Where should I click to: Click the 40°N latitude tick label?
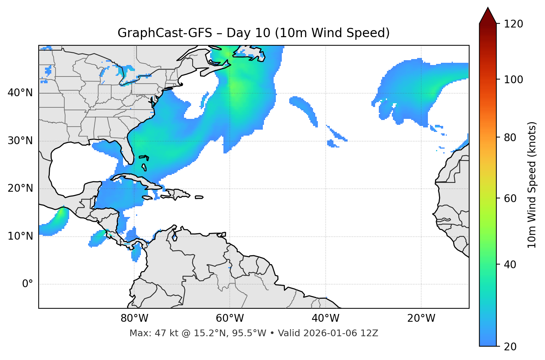tap(20, 93)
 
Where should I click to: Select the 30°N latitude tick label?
tap(20, 141)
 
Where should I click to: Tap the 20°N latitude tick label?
tap(20, 188)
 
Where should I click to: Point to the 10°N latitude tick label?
tap(20, 236)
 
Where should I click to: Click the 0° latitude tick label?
tap(28, 284)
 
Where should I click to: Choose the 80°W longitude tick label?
tap(134, 318)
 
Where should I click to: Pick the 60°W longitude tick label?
tap(230, 318)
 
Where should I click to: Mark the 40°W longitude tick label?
tap(326, 318)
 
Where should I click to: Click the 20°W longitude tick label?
tap(421, 318)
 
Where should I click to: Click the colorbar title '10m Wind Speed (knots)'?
tap(532, 185)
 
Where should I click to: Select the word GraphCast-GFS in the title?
tap(165, 33)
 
